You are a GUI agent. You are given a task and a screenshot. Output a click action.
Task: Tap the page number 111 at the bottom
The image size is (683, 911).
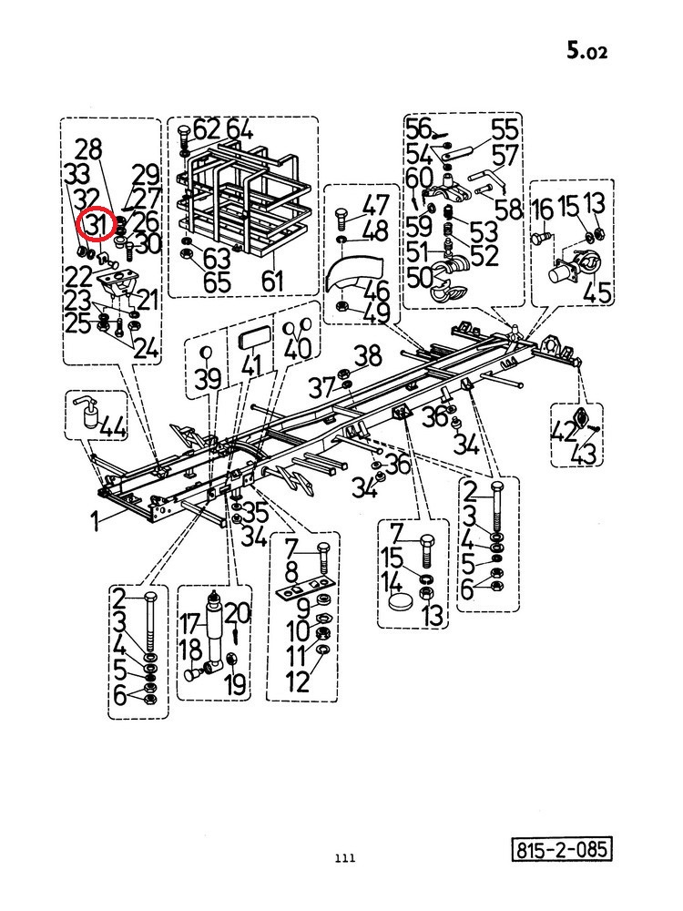pos(345,857)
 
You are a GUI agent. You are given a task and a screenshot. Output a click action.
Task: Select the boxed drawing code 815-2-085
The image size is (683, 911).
pos(561,849)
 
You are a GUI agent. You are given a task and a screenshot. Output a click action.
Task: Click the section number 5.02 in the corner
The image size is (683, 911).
pos(586,50)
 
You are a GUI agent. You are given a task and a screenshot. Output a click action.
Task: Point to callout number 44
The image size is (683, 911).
pos(114,428)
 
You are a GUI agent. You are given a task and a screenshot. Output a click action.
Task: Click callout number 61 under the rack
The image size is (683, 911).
pos(272,281)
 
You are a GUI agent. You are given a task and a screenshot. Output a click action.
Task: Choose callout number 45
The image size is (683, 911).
pos(597,292)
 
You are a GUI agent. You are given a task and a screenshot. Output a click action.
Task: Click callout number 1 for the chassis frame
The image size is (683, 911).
pos(97,520)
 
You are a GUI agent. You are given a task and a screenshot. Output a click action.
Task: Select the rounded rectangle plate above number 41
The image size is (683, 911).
pos(253,338)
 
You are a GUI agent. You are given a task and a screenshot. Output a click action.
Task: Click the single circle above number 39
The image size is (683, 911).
pos(205,352)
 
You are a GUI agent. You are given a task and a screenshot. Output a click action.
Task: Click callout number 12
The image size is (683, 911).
pos(299,681)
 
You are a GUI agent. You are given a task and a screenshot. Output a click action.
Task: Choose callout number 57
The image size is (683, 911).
pos(505,156)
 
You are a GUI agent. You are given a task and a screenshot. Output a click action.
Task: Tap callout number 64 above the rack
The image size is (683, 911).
pos(240,129)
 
